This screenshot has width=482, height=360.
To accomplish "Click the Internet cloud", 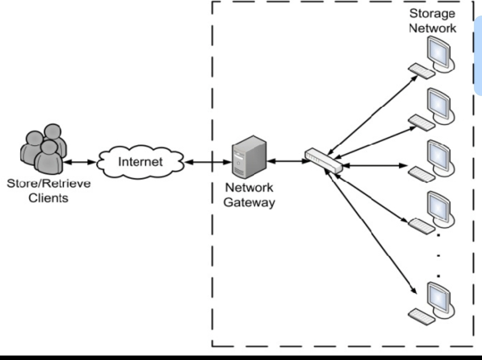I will click(x=140, y=162).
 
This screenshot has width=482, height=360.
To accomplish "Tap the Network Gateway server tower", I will click(x=249, y=158).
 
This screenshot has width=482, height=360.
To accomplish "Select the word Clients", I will click(x=49, y=198).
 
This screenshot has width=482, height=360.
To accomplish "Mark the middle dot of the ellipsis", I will click(x=439, y=256).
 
